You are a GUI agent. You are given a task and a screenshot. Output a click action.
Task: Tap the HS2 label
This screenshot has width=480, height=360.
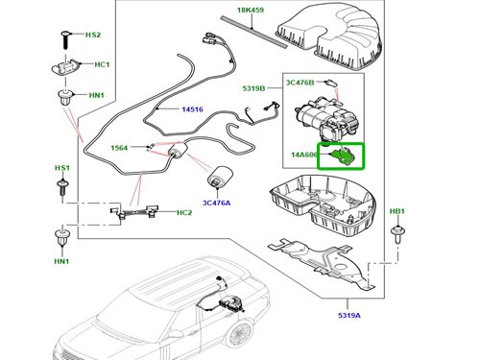(92, 35)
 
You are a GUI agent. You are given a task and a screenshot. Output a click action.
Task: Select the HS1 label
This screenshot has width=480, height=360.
(62, 167)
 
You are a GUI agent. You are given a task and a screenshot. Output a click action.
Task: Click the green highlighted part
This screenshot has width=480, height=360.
(340, 156)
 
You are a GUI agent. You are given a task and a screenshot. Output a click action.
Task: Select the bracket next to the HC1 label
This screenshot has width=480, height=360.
(65, 69)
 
